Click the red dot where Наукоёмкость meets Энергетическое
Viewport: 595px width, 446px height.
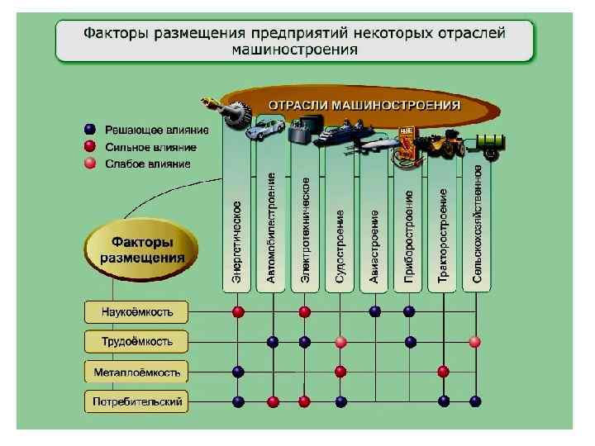238,311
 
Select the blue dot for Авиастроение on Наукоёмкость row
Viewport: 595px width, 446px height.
375,311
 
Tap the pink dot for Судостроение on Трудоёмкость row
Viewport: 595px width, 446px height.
340,342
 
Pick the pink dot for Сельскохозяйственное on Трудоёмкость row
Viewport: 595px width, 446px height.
474,341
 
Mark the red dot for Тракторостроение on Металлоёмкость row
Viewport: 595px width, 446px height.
443,372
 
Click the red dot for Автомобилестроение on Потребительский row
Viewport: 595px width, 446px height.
273,401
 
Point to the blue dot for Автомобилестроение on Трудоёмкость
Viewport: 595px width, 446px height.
273,342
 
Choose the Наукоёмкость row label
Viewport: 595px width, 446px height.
136,312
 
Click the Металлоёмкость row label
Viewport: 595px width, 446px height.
136,372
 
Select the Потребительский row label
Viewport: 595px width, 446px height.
136,402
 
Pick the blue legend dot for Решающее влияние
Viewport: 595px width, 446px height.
90,130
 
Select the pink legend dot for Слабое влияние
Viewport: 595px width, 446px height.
90,164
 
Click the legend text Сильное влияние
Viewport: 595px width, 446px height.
150,147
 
